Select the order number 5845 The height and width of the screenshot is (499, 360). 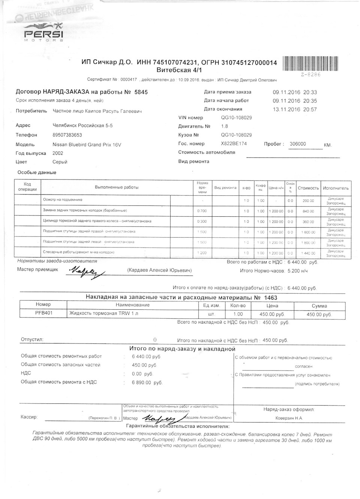(x=141, y=92)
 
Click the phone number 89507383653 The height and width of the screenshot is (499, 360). (x=67, y=135)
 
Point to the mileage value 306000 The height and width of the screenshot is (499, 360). (x=298, y=144)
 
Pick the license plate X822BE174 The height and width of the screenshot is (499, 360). (x=234, y=144)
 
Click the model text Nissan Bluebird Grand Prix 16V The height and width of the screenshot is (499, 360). (x=87, y=145)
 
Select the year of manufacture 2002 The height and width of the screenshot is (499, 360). (x=58, y=153)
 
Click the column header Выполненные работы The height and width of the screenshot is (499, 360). (x=117, y=187)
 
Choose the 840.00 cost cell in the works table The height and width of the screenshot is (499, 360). (x=308, y=211)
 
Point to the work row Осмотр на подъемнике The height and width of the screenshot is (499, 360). (x=63, y=200)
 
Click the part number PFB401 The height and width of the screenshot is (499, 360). (x=43, y=313)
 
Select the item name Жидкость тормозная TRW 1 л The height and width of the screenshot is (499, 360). (x=103, y=313)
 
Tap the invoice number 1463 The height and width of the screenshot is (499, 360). (x=270, y=298)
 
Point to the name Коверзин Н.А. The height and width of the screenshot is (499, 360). (x=288, y=418)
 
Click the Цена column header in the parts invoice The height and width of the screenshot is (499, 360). (x=272, y=306)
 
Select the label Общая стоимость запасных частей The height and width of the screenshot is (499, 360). (x=60, y=364)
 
